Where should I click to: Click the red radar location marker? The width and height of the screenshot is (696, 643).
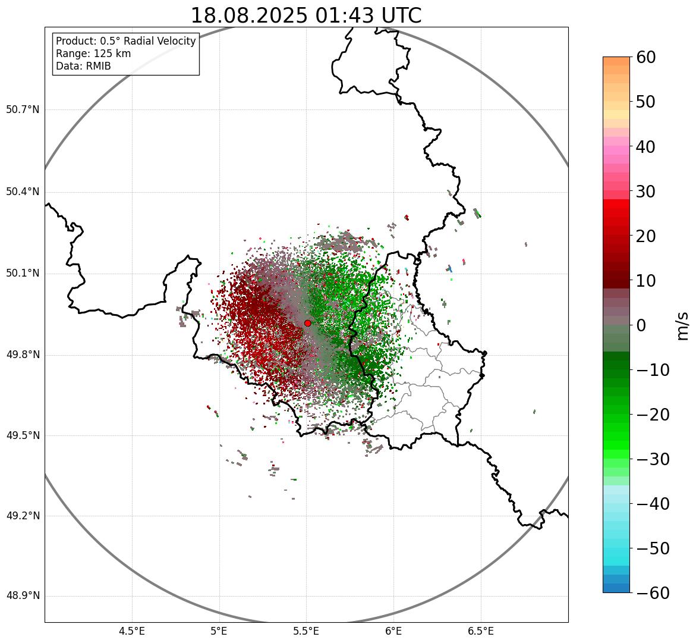307,323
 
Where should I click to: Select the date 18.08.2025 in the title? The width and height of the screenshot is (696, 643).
249,16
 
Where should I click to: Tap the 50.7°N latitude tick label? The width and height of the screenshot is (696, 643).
23,109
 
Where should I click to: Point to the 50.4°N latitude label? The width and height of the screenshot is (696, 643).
23,192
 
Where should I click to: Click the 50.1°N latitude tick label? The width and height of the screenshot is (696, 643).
23,274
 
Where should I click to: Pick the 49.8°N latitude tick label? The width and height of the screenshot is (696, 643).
23,355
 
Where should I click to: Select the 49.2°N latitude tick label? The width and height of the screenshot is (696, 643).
23,516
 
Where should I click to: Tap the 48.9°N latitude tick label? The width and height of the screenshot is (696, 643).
23,596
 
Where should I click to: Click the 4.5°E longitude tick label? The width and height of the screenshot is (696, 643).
132,631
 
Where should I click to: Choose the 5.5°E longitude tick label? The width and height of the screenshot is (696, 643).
306,631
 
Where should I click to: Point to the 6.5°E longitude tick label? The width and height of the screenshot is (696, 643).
480,631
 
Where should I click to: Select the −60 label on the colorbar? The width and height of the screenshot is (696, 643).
653,593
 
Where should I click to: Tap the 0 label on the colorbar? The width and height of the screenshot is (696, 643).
641,325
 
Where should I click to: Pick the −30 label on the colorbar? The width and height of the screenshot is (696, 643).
653,459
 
